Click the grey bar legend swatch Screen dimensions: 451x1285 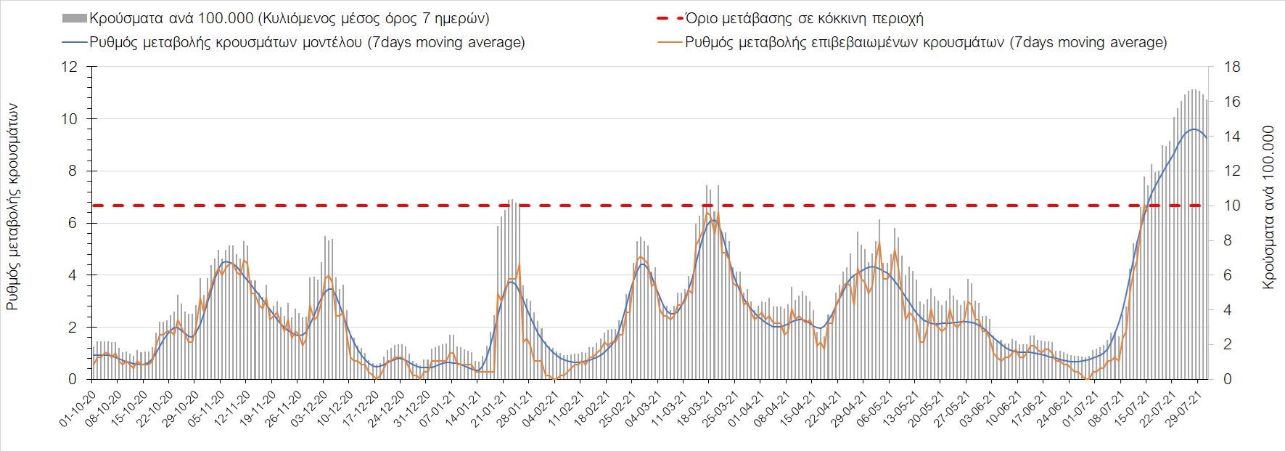(74, 18)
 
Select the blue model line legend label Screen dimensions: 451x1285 (307, 42)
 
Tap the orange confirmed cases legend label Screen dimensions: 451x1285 (927, 42)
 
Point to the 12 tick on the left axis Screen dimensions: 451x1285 (69, 67)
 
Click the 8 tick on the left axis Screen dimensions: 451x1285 (73, 171)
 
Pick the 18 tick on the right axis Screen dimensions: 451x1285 (1232, 67)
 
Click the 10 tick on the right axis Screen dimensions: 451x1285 (1232, 206)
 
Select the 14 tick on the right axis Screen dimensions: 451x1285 (1232, 137)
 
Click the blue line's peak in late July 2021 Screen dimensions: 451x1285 (1194, 129)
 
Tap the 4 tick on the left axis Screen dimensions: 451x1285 (73, 275)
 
